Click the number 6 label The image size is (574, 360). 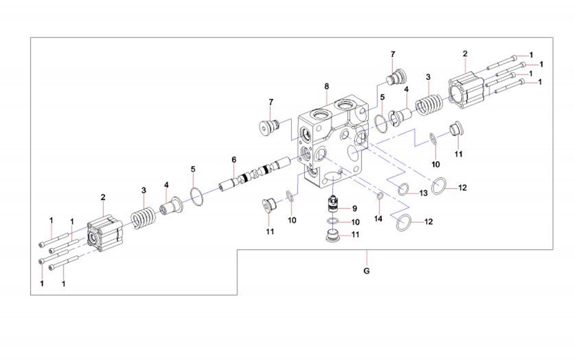234,159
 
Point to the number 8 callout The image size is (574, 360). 327,86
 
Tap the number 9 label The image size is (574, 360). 355,208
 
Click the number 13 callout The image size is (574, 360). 423,193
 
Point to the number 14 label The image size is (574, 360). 378,219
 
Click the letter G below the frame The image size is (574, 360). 367,270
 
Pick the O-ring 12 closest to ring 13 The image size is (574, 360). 440,186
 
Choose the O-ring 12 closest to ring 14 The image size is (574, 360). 403,222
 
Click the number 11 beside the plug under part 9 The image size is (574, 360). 355,235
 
